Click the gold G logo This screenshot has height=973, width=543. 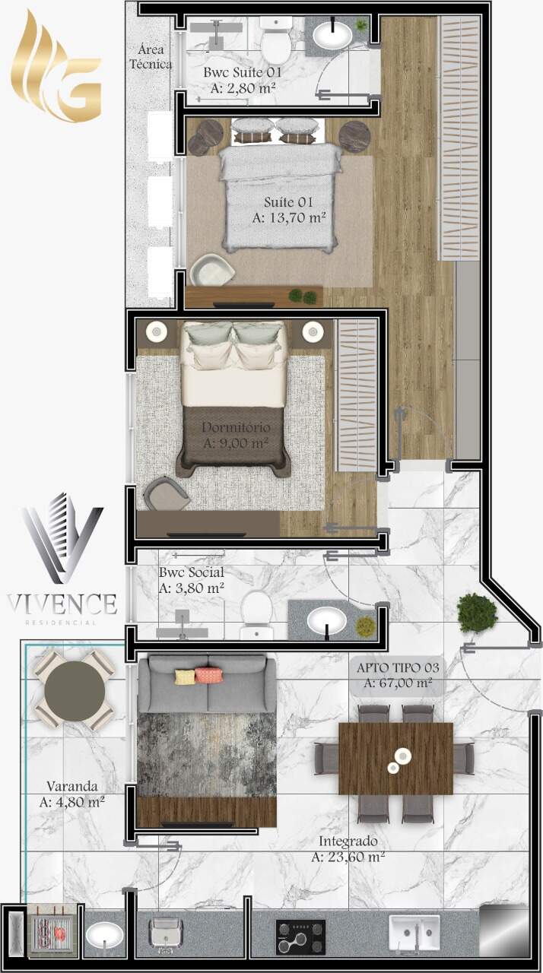click(x=56, y=69)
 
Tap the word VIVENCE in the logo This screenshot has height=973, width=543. click(x=62, y=604)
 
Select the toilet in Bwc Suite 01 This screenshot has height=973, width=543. click(x=276, y=40)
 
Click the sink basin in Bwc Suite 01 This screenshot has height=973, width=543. click(x=332, y=36)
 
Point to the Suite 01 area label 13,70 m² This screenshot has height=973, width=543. click(x=289, y=217)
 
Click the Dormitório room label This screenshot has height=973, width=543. click(x=236, y=427)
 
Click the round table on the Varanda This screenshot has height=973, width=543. click(x=75, y=692)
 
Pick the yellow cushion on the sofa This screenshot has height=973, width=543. click(x=186, y=677)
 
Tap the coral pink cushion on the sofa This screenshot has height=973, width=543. click(x=208, y=674)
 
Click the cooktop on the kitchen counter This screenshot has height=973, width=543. click(x=300, y=933)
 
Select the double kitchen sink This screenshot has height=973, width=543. click(x=414, y=932)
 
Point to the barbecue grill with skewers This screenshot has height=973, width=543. click(x=53, y=933)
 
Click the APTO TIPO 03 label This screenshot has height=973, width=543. click(x=398, y=667)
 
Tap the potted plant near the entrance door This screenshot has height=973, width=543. click(x=477, y=613)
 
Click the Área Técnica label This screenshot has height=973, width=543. click(x=151, y=57)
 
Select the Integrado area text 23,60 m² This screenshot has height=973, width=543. click(x=348, y=857)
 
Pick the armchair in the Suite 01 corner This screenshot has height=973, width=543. click(x=211, y=270)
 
